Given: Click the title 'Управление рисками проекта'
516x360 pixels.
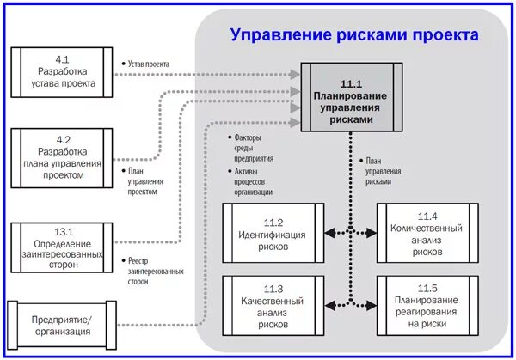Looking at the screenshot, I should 353,35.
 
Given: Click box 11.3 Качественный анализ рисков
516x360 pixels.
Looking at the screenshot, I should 273,305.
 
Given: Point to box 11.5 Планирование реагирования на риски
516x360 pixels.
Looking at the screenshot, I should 427,305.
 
